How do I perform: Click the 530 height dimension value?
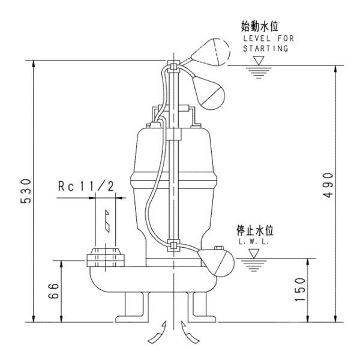24,191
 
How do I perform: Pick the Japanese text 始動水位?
260,26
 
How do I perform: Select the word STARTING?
265,47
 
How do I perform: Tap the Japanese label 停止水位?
257,230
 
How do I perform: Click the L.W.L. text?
254,241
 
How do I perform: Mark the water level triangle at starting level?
259,61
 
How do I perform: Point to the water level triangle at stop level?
254,254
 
